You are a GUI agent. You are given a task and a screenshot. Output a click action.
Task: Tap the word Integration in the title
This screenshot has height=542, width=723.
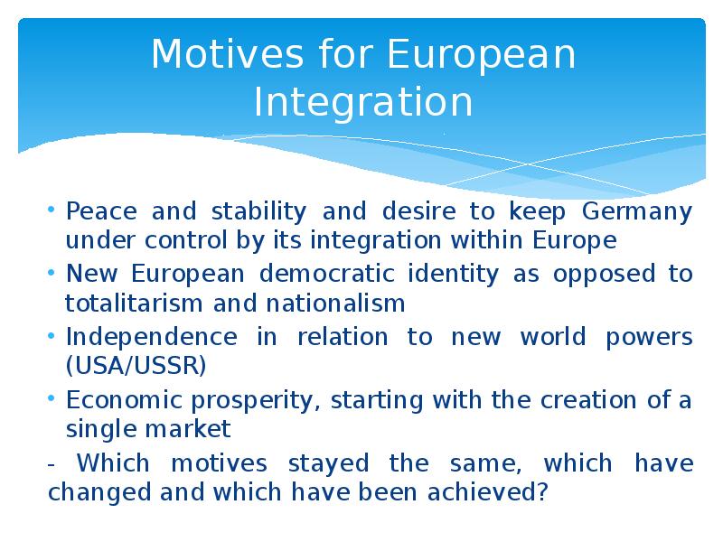pyautogui.click(x=363, y=102)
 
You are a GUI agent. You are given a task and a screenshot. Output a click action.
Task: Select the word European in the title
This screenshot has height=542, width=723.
pyautogui.click(x=482, y=55)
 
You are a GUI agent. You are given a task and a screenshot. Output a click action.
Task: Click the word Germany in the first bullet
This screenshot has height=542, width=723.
pyautogui.click(x=636, y=213)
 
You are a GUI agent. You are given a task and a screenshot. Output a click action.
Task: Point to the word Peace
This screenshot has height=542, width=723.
pyautogui.click(x=102, y=213)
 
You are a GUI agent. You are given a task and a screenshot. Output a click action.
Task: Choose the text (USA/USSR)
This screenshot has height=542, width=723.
pyautogui.click(x=136, y=366)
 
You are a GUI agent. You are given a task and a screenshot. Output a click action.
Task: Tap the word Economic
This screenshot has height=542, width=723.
pyautogui.click(x=123, y=400)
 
